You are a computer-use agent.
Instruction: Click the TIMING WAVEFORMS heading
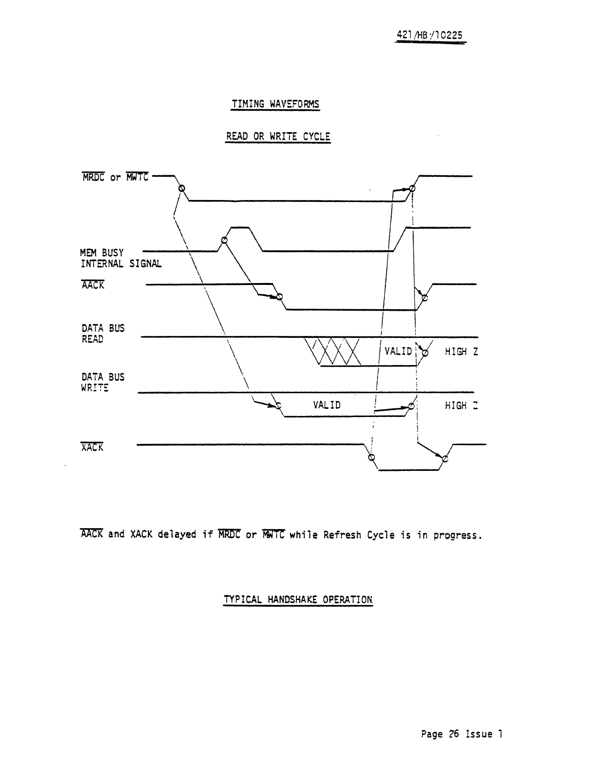click(x=275, y=104)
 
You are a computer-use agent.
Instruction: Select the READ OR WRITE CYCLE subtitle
click(x=278, y=136)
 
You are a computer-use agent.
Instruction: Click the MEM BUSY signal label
click(x=102, y=253)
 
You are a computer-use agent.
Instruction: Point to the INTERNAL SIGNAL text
click(x=121, y=264)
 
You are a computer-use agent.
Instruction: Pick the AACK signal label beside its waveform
click(x=93, y=285)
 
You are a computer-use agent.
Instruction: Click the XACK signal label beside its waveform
click(x=92, y=448)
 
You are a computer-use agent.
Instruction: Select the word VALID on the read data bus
click(x=398, y=351)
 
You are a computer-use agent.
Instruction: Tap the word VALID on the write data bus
click(x=327, y=405)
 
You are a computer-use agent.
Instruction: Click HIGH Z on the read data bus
click(x=461, y=351)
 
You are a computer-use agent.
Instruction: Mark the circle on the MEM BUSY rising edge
click(x=224, y=240)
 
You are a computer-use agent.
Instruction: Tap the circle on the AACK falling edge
click(x=279, y=297)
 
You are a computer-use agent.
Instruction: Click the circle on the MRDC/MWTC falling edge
click(x=181, y=188)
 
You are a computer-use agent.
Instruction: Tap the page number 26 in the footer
click(x=454, y=734)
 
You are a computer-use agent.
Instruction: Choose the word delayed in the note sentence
click(x=177, y=535)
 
